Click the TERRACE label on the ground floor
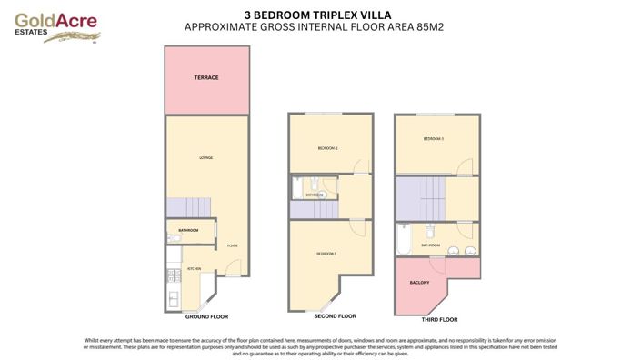pos(205,78)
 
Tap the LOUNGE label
pos(205,158)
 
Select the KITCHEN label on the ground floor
pos(194,269)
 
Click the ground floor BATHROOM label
pos(189,230)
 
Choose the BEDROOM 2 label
pos(328,148)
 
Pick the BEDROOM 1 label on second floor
pos(326,253)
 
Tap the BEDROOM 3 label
pos(433,139)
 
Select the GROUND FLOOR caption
pos(206,316)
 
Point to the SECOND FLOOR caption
pos(335,316)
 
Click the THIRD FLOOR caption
pos(438,320)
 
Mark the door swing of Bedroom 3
pos(466,165)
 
